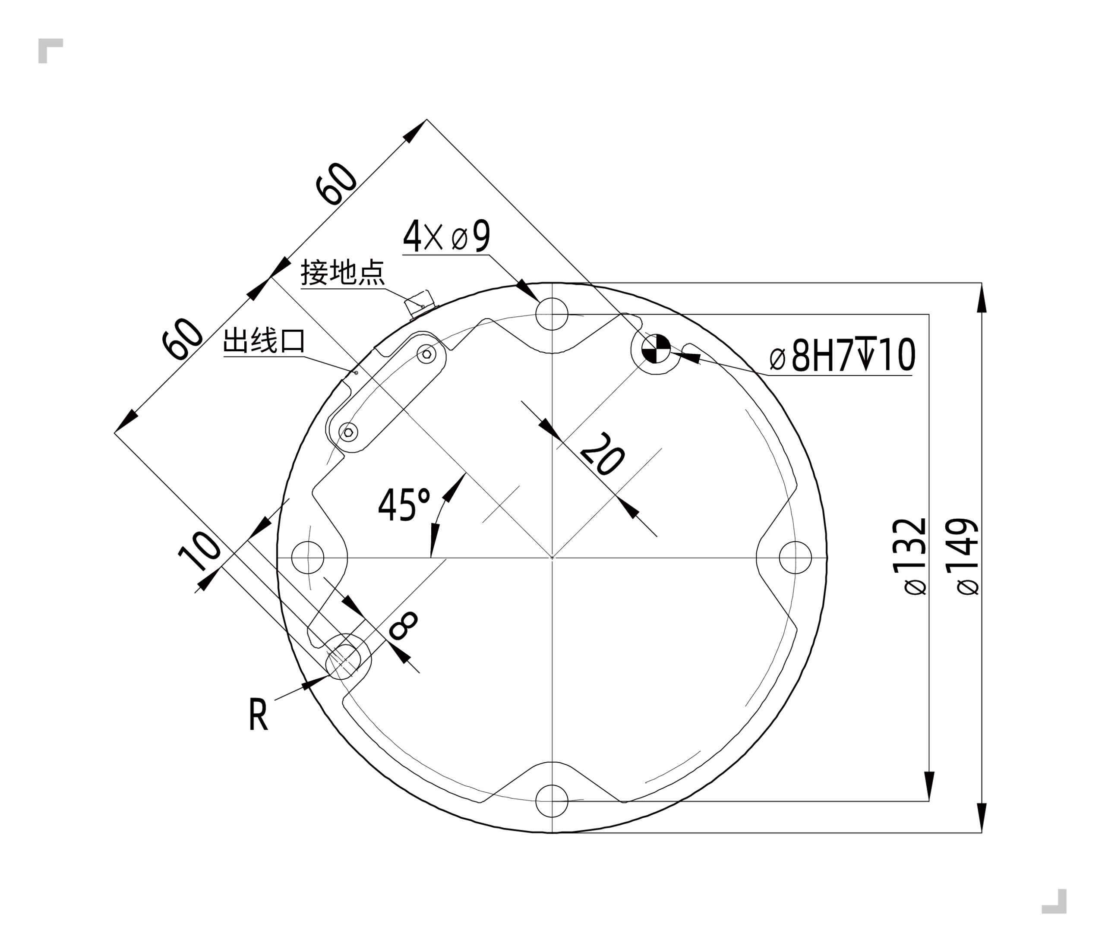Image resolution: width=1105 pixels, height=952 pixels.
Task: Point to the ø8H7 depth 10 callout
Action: pyautogui.click(x=843, y=355)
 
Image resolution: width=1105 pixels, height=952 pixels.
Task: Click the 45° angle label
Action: pyautogui.click(x=404, y=504)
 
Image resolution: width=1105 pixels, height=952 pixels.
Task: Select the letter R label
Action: pyautogui.click(x=258, y=715)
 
